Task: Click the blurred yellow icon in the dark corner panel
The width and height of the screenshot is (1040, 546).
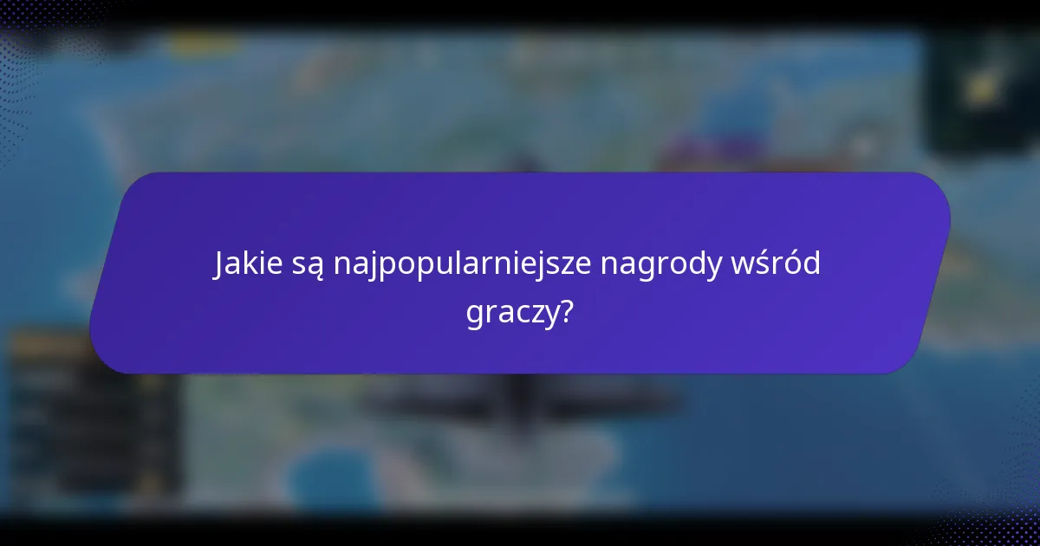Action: (981, 88)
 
